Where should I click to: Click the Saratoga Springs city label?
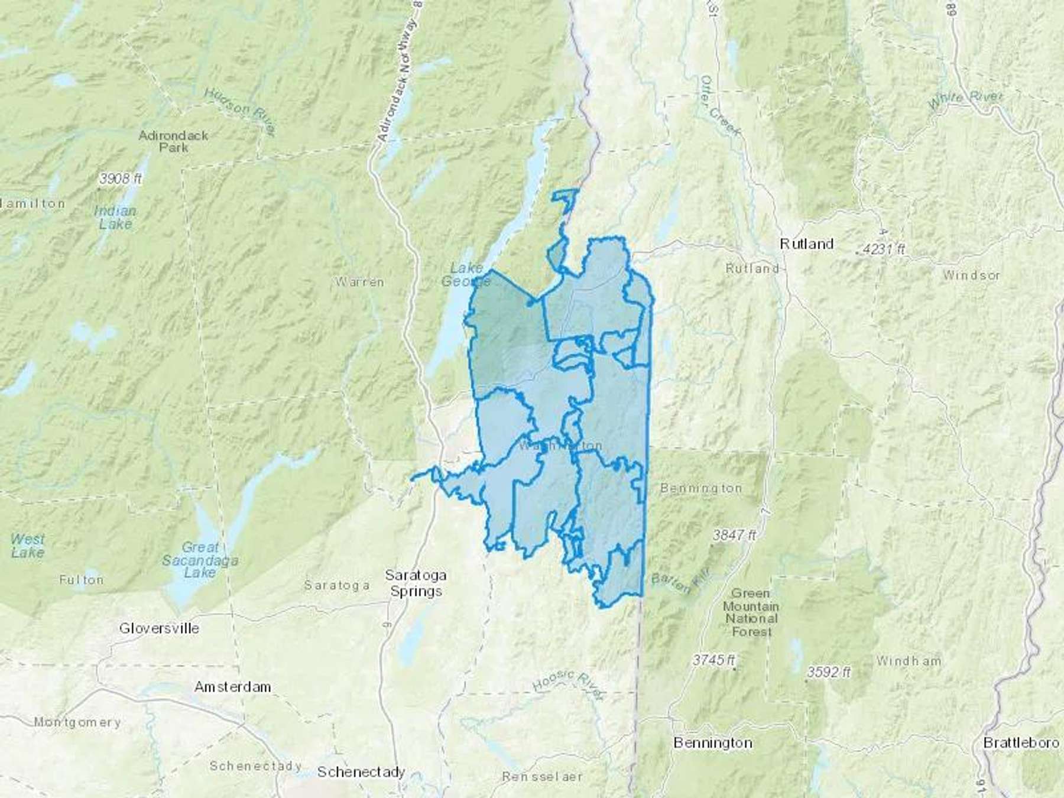coord(416,583)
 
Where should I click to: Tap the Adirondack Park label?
coord(173,141)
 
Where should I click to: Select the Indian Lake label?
coord(115,218)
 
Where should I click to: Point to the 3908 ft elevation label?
coord(121,179)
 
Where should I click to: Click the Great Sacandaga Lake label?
coord(200,560)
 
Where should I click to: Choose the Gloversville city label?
coord(159,628)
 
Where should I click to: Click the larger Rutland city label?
coord(806,244)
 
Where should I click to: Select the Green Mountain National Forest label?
coord(751,612)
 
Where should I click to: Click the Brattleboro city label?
coord(1020,742)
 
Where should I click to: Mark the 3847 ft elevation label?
coord(734,536)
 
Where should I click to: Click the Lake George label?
coord(466,275)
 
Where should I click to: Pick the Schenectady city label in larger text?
coord(361,772)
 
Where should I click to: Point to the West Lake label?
coord(27,546)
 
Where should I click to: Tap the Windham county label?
coord(908,661)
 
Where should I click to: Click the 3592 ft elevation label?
coord(829,672)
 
